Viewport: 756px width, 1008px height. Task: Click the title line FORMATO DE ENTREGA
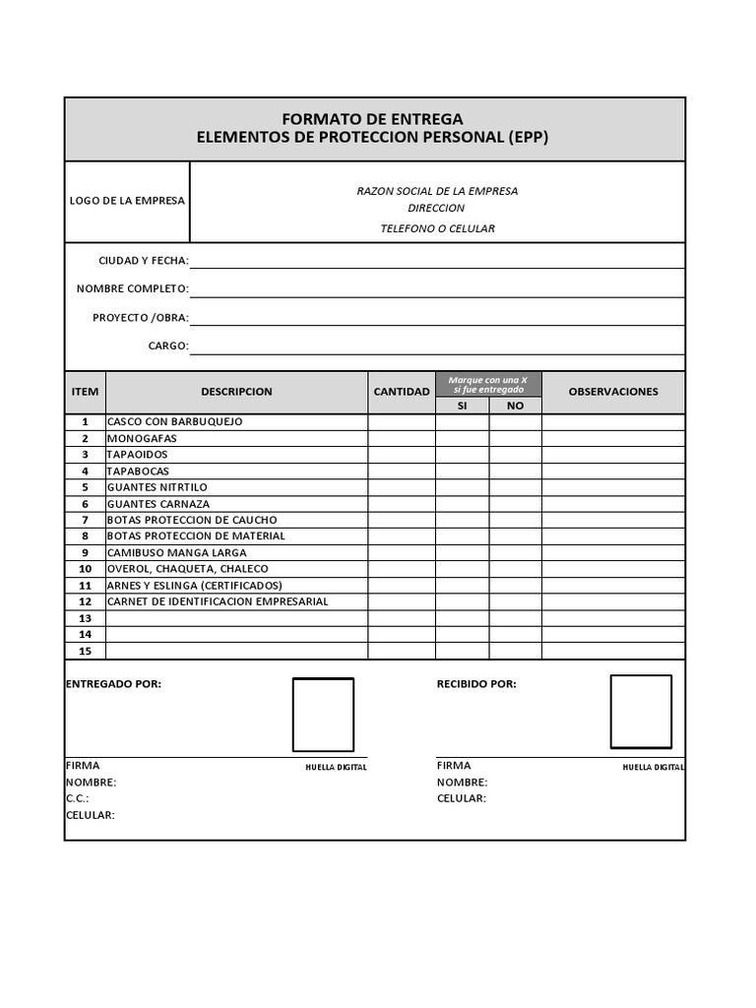point(372,119)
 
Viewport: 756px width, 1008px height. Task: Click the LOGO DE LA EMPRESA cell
point(127,201)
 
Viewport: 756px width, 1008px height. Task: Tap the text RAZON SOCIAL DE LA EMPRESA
point(437,191)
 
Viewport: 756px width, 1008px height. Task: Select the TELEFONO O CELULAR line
point(437,228)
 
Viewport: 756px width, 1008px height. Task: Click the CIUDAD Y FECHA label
point(144,261)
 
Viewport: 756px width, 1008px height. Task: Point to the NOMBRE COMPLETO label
point(133,289)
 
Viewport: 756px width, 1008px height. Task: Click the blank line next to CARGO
point(437,346)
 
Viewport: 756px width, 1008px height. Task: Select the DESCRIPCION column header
point(236,392)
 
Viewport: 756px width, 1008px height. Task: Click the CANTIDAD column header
point(402,392)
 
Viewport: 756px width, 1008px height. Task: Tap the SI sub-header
point(463,406)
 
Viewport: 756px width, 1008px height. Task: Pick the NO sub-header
point(515,406)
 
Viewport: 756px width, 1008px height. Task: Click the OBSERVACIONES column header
point(613,392)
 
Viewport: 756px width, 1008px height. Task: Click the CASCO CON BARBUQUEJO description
point(174,421)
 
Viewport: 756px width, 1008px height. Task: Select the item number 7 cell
point(86,520)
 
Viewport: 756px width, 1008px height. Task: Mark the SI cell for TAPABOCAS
point(463,471)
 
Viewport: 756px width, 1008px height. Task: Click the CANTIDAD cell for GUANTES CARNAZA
point(402,503)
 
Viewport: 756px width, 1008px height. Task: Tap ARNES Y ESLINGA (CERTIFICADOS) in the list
point(194,585)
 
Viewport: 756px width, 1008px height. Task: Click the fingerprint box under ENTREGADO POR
point(323,715)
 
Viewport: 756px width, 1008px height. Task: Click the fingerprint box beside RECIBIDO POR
point(641,711)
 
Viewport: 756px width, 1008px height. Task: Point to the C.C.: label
point(78,798)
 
